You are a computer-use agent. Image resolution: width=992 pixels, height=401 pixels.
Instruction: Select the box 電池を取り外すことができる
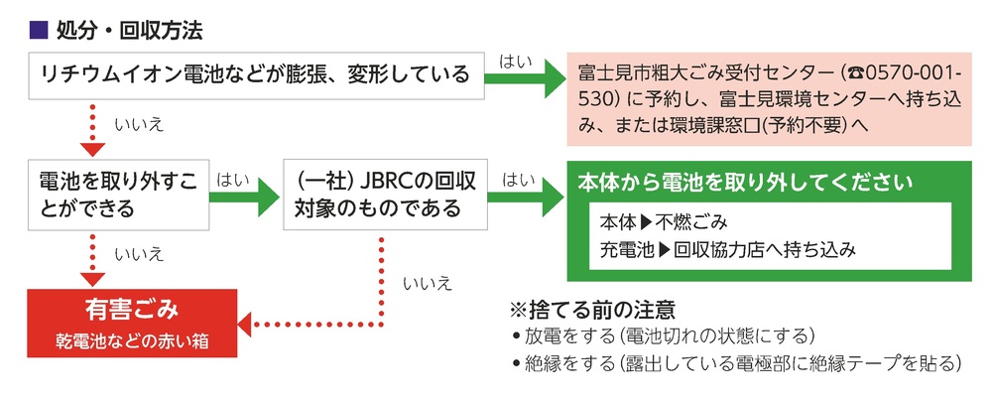(x=117, y=196)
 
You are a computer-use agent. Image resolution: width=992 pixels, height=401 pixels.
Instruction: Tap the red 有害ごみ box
(x=132, y=323)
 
